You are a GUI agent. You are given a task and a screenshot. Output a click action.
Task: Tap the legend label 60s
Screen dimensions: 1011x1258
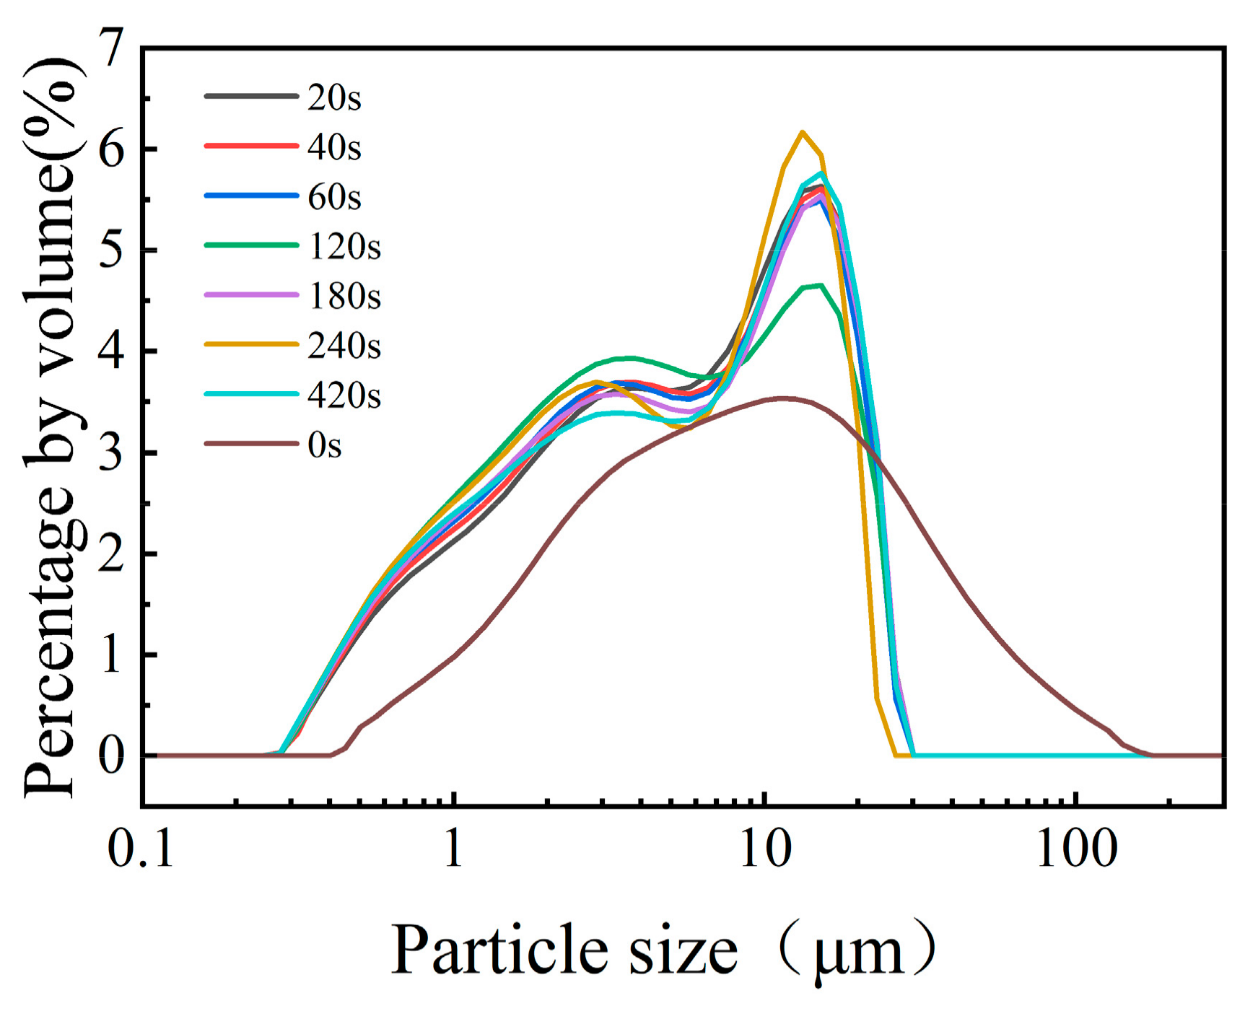click(333, 196)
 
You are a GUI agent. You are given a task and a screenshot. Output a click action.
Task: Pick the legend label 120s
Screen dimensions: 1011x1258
click(344, 246)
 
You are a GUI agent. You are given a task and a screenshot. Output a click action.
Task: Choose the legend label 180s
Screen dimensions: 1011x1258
click(344, 296)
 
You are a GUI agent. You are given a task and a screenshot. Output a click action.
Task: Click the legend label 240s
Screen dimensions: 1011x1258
click(344, 346)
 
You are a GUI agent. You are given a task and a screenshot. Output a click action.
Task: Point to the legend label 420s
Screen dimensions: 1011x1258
click(344, 395)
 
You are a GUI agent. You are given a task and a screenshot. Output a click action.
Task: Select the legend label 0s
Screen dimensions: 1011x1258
click(324, 445)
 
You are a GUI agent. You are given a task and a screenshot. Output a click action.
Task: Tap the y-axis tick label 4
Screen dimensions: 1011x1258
click(113, 352)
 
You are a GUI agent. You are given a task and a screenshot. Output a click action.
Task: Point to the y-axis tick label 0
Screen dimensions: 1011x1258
click(113, 756)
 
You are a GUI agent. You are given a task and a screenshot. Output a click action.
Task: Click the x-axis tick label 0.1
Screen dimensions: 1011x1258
click(141, 849)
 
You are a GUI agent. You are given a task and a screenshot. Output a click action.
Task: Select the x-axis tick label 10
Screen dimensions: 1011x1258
click(765, 849)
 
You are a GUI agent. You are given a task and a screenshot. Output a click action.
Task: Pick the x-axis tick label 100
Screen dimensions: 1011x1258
click(1076, 849)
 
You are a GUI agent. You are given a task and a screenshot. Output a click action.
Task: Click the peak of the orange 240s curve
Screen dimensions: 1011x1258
click(802, 132)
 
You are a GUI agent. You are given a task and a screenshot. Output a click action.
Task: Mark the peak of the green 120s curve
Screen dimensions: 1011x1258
click(820, 285)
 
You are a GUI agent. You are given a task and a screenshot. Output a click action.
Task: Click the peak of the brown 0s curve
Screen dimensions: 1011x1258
click(783, 398)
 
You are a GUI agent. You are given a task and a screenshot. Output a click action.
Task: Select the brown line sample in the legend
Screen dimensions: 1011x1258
click(250, 443)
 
